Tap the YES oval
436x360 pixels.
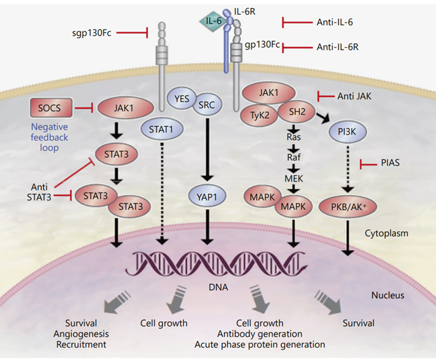click(180, 97)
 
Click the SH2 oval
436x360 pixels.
click(292, 113)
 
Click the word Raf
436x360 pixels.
click(292, 156)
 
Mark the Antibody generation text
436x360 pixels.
click(259, 333)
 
